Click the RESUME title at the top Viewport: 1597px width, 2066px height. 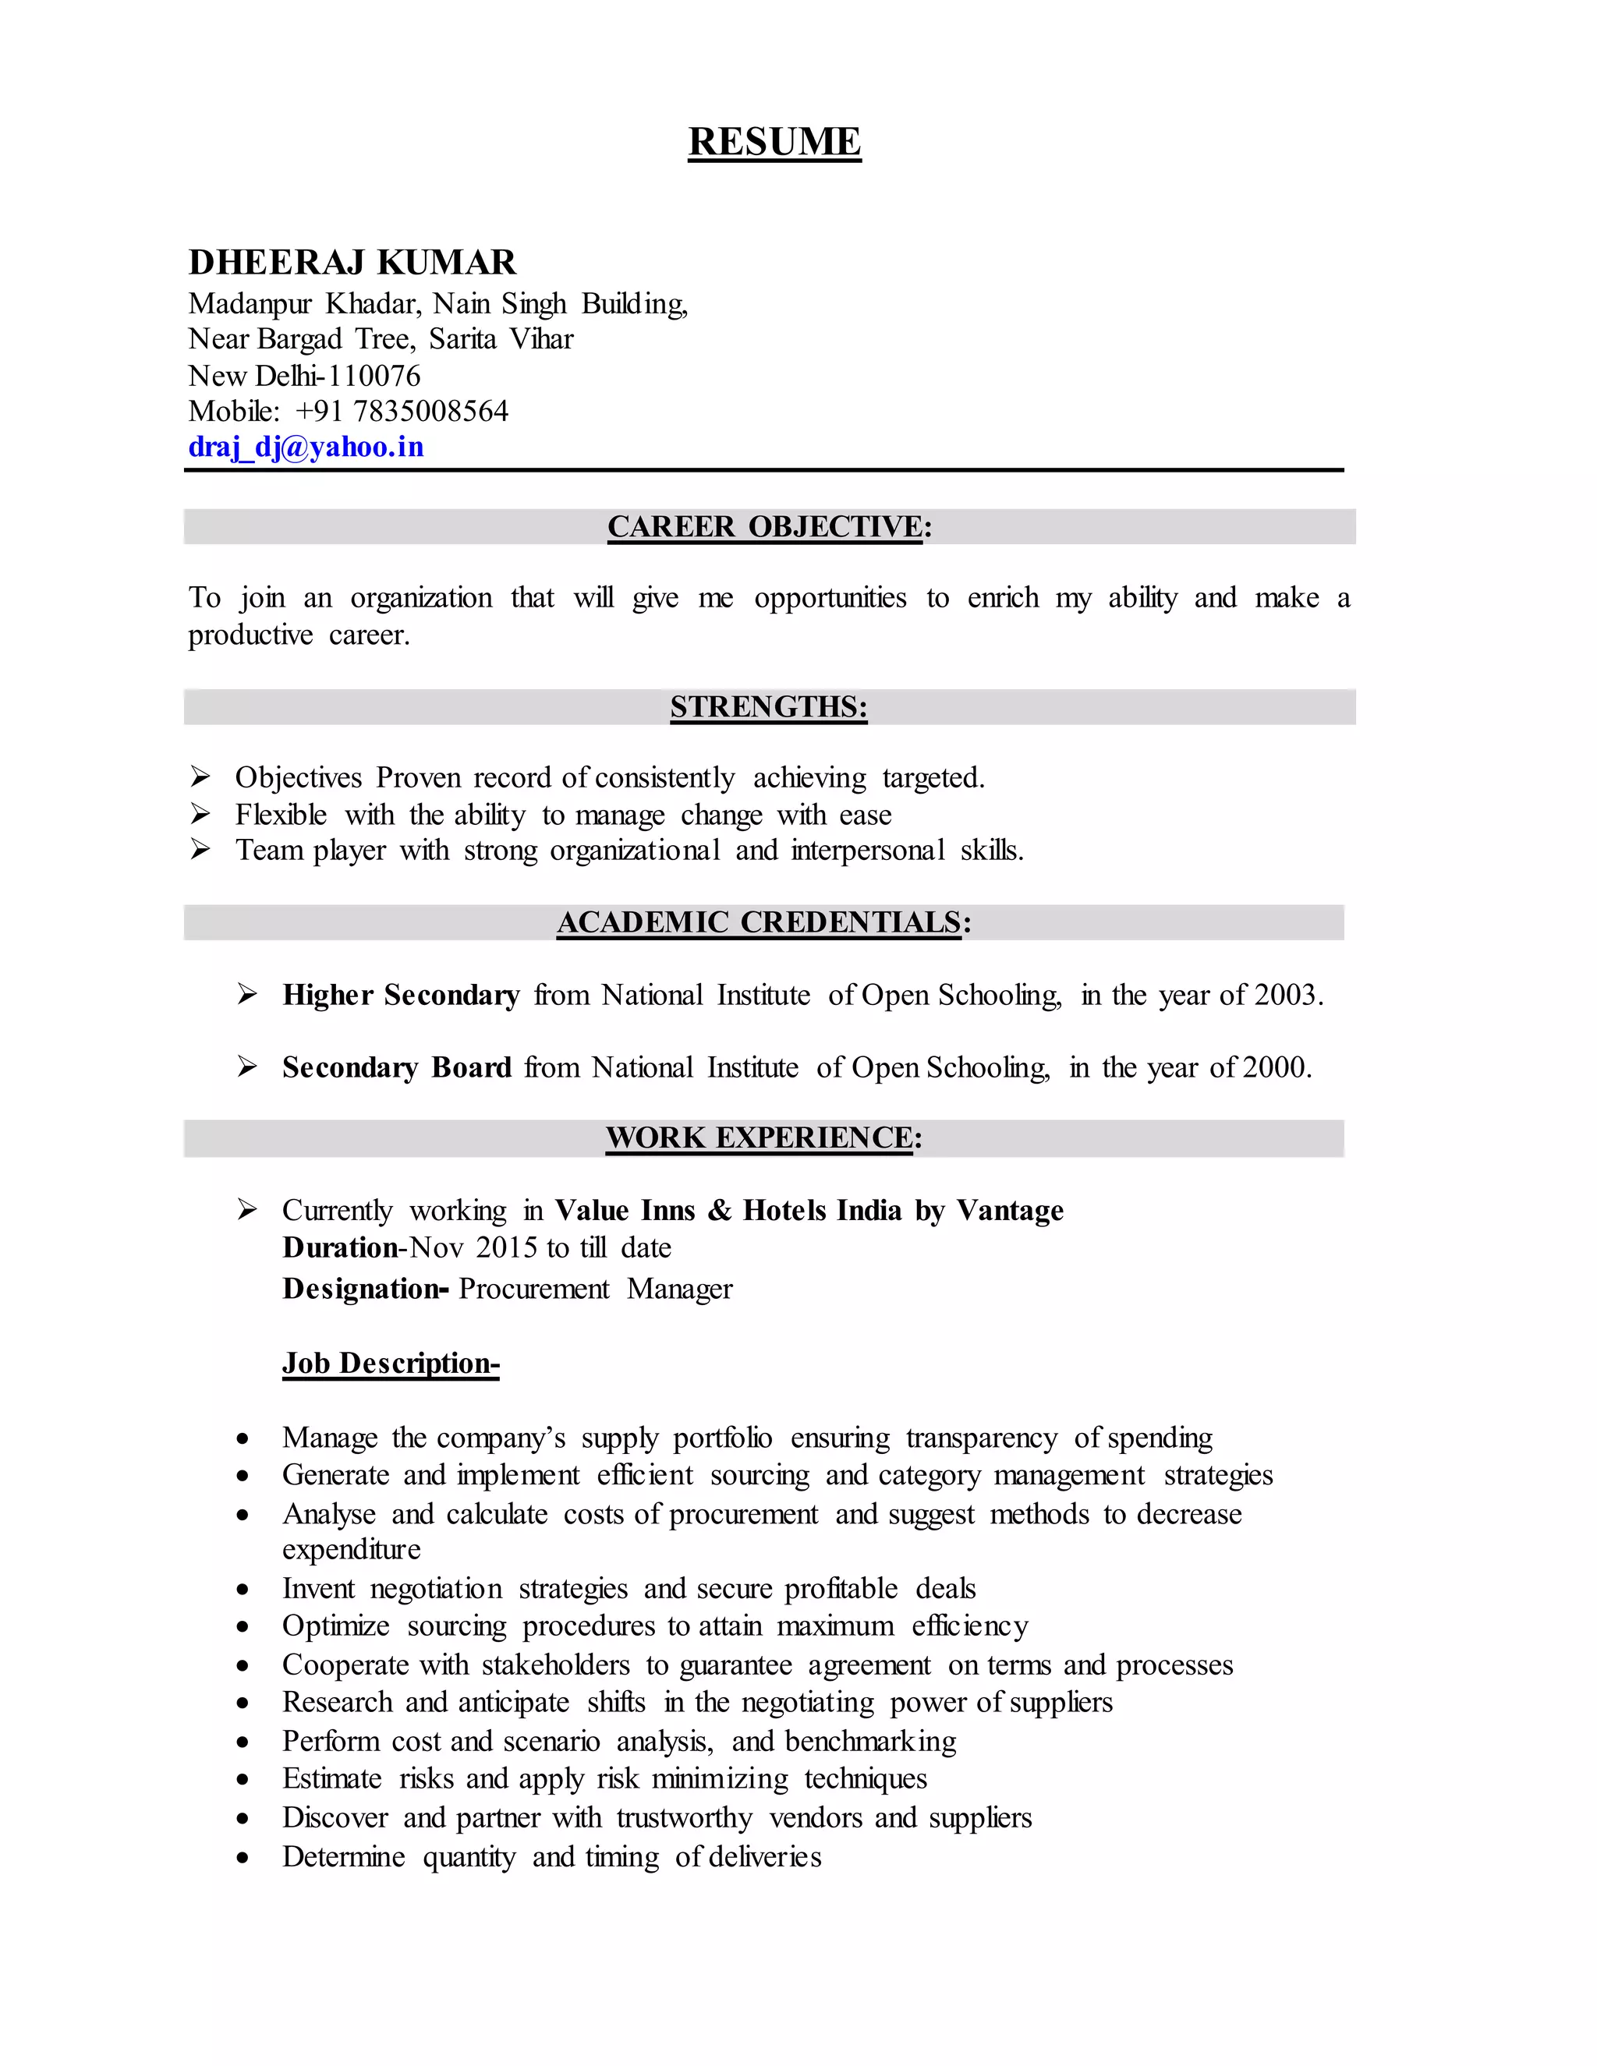click(774, 142)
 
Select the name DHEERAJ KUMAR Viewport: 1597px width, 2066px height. click(352, 262)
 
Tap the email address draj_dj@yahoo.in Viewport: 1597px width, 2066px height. click(306, 447)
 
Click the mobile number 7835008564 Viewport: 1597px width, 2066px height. click(430, 411)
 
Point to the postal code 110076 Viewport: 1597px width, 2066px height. click(374, 376)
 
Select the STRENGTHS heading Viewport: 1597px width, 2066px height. click(768, 706)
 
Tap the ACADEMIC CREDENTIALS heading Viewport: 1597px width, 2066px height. click(763, 922)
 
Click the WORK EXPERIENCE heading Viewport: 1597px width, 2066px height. click(763, 1137)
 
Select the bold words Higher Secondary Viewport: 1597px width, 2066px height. click(401, 995)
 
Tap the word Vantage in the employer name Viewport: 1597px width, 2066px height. click(1010, 1211)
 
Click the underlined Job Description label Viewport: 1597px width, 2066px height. click(390, 1363)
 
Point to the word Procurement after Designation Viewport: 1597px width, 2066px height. click(533, 1289)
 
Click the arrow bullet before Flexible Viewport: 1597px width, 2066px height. click(200, 813)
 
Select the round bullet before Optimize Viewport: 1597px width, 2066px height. click(243, 1627)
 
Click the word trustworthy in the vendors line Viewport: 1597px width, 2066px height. click(684, 1818)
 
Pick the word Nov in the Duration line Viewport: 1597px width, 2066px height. click(437, 1247)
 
